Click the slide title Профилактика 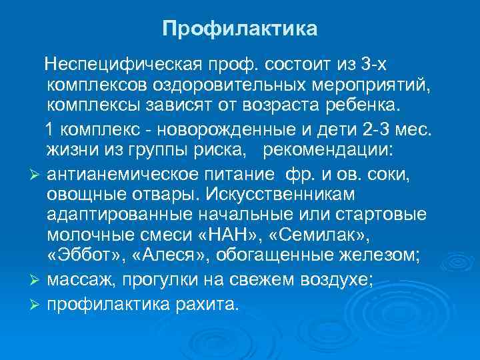tap(240, 29)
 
